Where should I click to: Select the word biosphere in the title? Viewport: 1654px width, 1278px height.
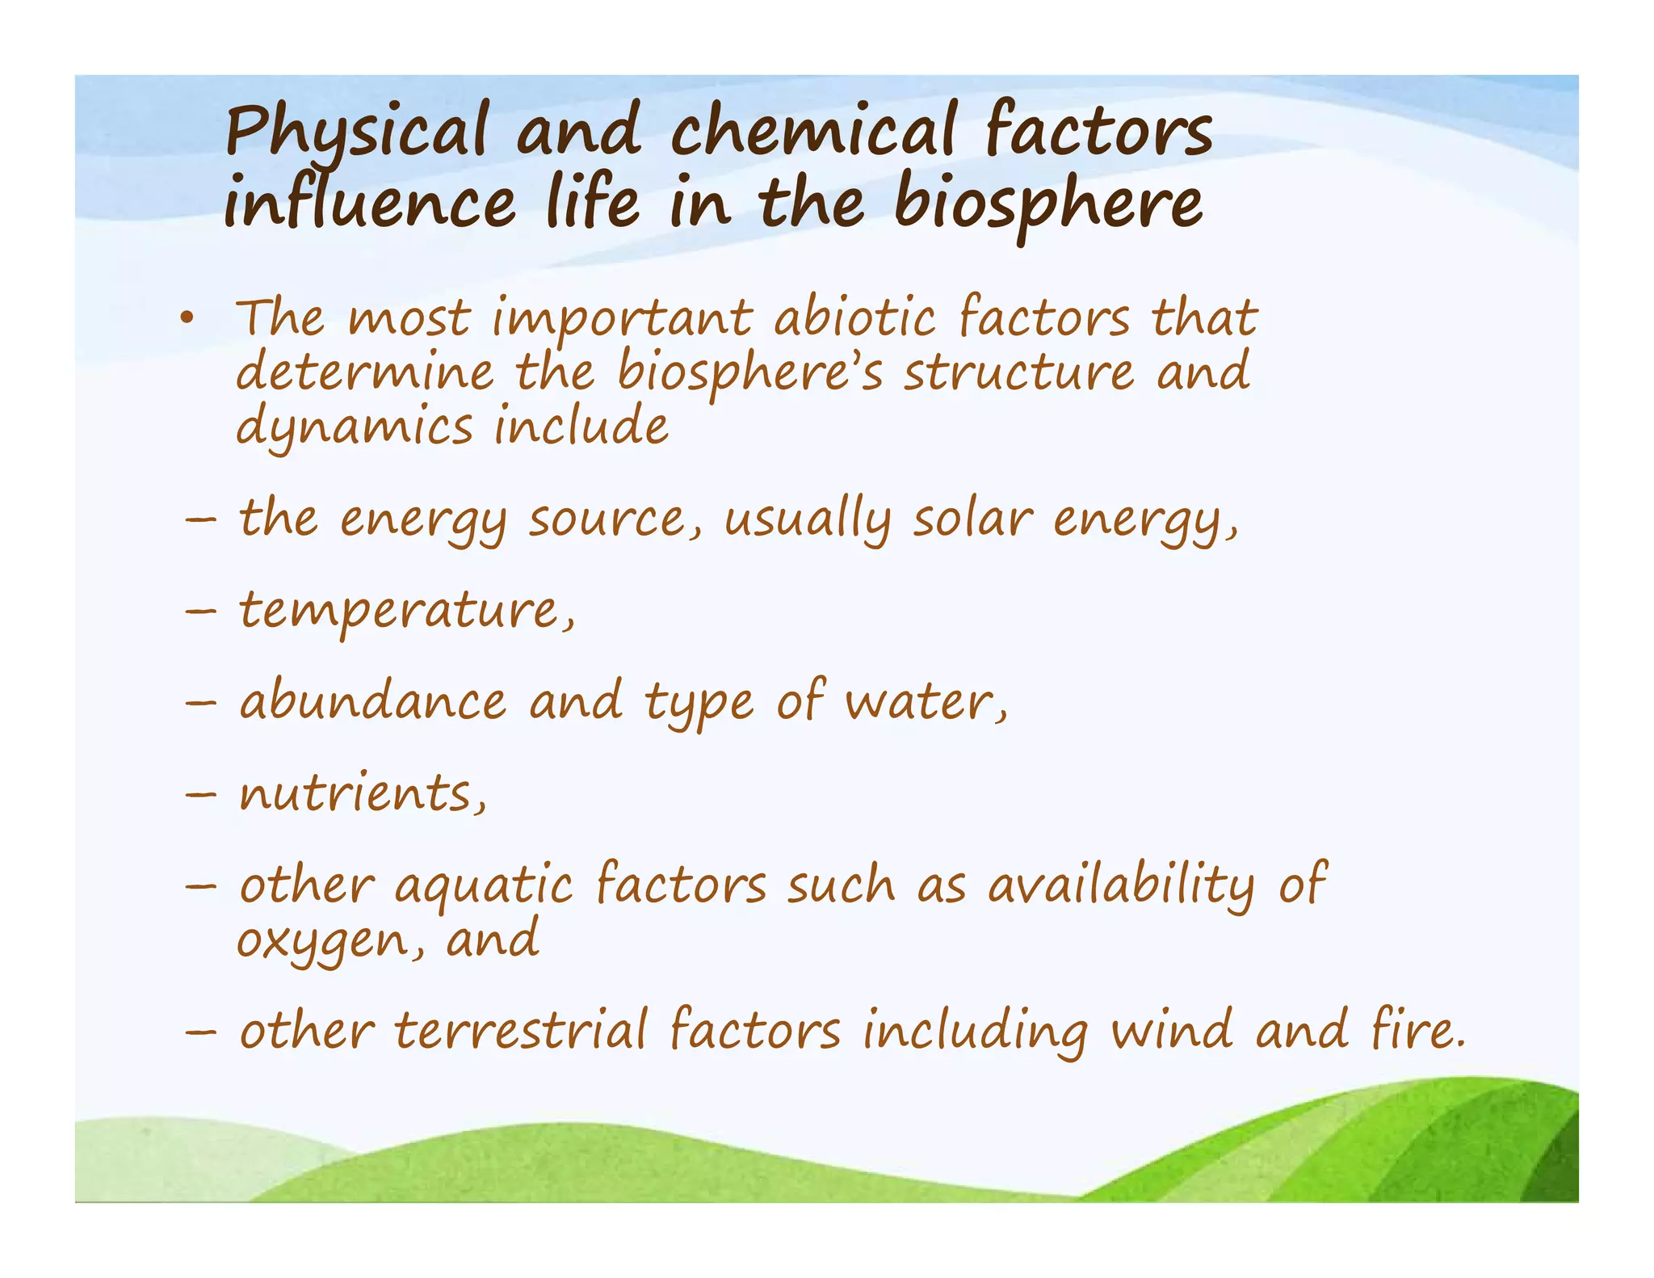pyautogui.click(x=1048, y=204)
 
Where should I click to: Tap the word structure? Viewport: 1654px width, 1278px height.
pyautogui.click(x=1018, y=372)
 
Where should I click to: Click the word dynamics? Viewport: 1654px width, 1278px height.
pyautogui.click(x=354, y=427)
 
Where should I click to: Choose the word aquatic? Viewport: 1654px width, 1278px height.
pyautogui.click(x=484, y=886)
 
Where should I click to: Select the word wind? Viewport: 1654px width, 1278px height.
pyautogui.click(x=1171, y=1031)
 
